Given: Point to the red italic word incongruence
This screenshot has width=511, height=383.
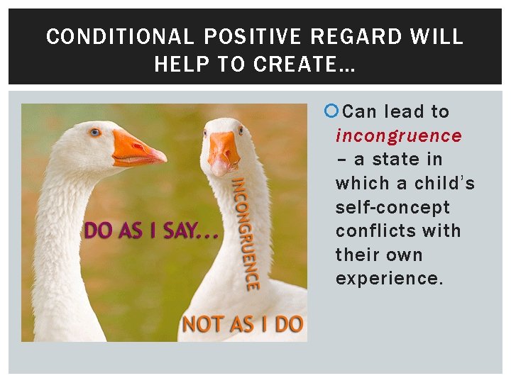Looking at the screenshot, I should pos(398,135).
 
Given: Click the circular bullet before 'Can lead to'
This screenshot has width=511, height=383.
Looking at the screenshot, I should pos(330,111).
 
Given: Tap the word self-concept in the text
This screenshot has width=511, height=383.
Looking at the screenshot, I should pos(392,207).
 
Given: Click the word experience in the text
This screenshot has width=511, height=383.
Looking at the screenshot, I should pos(389,279).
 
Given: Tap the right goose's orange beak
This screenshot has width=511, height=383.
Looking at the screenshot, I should pos(224,150).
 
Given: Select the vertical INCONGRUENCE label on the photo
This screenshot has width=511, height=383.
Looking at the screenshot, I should pos(243,234).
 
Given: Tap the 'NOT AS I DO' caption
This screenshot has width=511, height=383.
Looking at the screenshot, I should pos(243,324).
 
